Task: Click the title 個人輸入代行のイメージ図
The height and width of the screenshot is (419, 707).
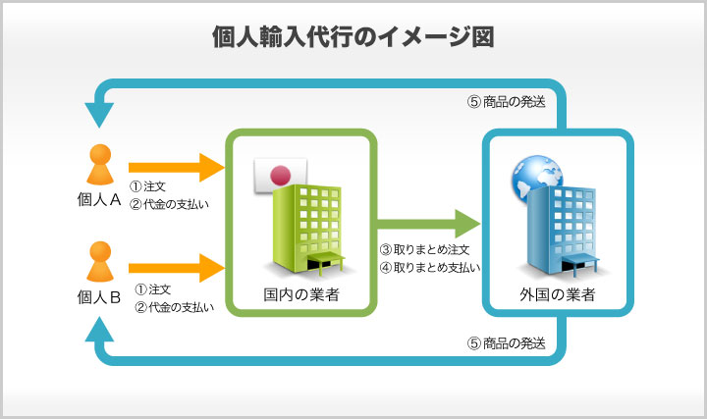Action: pyautogui.click(x=353, y=37)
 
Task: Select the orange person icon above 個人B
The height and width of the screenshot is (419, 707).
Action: pyautogui.click(x=99, y=261)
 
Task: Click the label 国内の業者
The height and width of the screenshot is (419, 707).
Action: pyautogui.click(x=301, y=294)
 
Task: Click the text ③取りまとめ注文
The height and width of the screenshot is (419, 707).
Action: pyautogui.click(x=424, y=249)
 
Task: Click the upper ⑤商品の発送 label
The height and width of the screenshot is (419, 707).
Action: pyautogui.click(x=506, y=100)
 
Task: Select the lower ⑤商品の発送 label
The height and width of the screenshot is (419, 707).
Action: pyautogui.click(x=506, y=343)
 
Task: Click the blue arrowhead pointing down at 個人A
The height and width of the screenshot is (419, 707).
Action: pyautogui.click(x=98, y=116)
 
